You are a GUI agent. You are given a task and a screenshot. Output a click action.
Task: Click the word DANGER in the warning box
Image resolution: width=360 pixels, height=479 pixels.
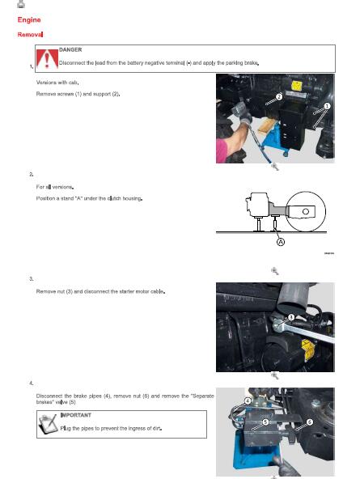[70, 49]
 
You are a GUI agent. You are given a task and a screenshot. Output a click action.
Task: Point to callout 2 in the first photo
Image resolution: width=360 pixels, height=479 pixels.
[279, 97]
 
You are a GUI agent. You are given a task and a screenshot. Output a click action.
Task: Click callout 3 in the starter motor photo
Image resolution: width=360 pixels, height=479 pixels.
[290, 317]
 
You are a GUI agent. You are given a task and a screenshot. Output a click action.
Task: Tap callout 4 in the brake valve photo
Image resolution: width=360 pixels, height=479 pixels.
[247, 401]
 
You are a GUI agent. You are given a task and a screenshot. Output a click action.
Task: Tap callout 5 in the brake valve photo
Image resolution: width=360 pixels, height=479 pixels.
[266, 422]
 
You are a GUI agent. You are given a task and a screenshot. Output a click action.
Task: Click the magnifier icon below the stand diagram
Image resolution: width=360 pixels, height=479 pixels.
[274, 270]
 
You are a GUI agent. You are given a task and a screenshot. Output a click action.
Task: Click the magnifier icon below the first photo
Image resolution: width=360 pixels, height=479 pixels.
[274, 166]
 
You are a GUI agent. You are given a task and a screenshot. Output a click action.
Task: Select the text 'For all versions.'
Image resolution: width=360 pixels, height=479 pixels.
[54, 186]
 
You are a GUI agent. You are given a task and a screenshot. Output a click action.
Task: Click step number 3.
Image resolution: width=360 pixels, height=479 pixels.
[30, 278]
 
